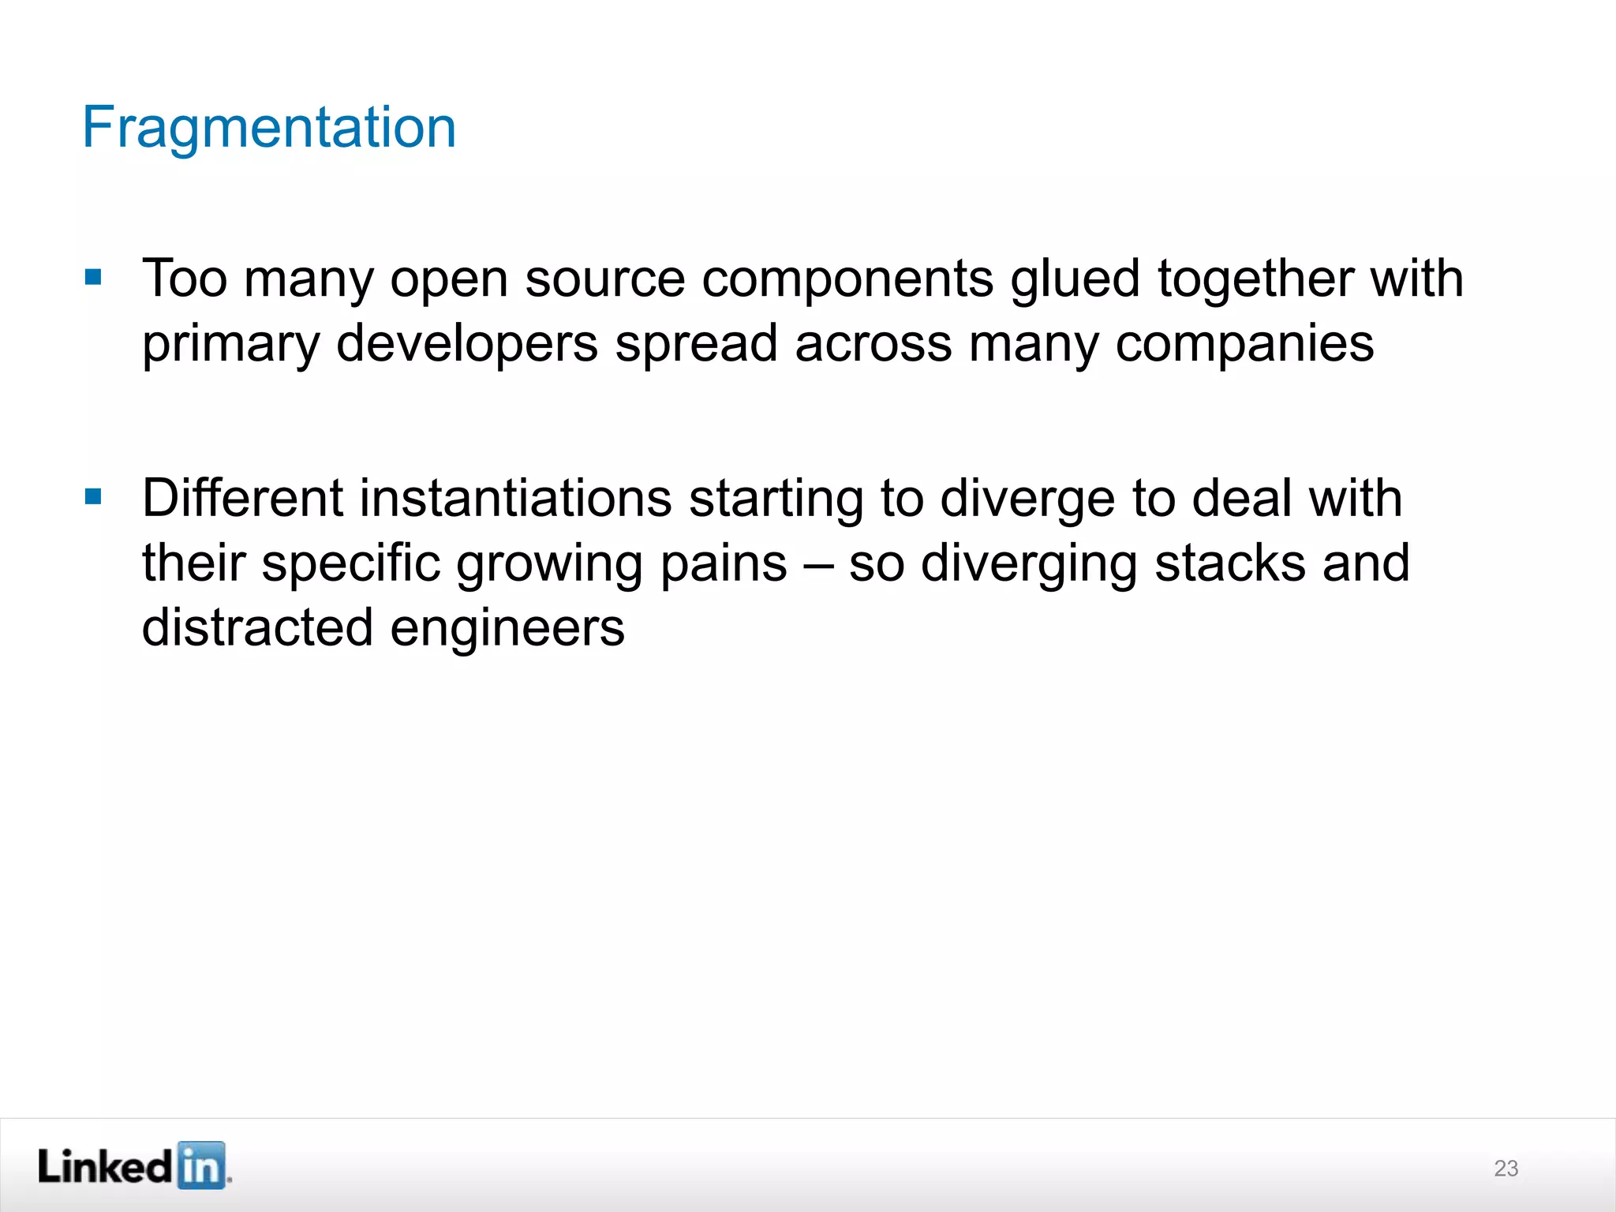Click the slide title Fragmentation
tap(269, 127)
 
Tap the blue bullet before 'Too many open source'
tap(93, 277)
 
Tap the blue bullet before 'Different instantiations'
tap(93, 496)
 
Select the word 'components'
tap(847, 280)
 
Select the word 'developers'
tap(467, 344)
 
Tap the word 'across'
tap(873, 344)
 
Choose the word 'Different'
tap(242, 499)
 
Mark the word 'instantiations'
tap(516, 499)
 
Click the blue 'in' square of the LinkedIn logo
tap(201, 1165)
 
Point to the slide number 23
tap(1506, 1168)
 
